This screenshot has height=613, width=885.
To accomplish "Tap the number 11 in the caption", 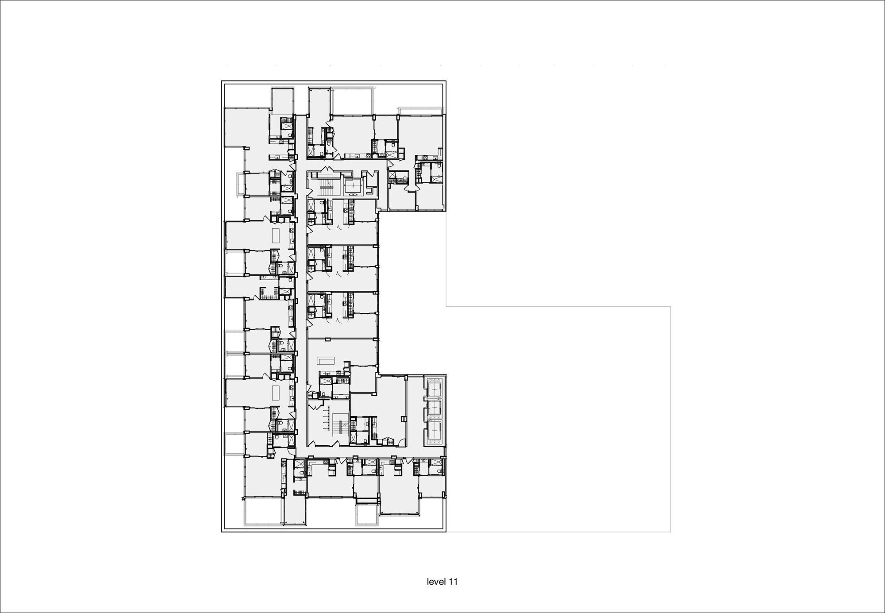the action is [453, 582].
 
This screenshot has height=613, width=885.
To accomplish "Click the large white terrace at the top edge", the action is [353, 101].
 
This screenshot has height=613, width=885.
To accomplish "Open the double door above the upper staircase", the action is [326, 170].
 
